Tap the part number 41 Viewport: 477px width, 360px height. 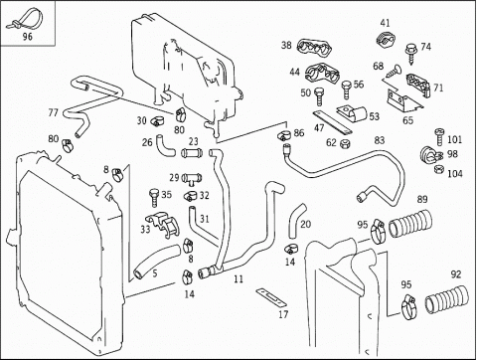385,23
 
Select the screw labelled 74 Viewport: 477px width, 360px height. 411,53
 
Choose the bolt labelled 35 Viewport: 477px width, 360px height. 154,198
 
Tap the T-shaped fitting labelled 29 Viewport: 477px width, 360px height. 192,179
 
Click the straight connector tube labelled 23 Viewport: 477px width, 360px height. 192,153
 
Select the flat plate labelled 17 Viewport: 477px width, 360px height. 271,297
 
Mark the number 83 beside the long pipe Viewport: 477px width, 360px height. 379,140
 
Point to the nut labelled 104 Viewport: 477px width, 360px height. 439,169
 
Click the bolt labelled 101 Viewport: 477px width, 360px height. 439,137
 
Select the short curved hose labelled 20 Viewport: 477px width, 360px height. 297,221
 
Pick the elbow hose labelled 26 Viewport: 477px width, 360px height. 165,146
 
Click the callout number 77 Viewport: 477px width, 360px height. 53,112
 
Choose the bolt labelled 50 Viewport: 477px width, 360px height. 318,96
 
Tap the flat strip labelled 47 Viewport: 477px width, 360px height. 331,122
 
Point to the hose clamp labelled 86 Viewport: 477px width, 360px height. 284,135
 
